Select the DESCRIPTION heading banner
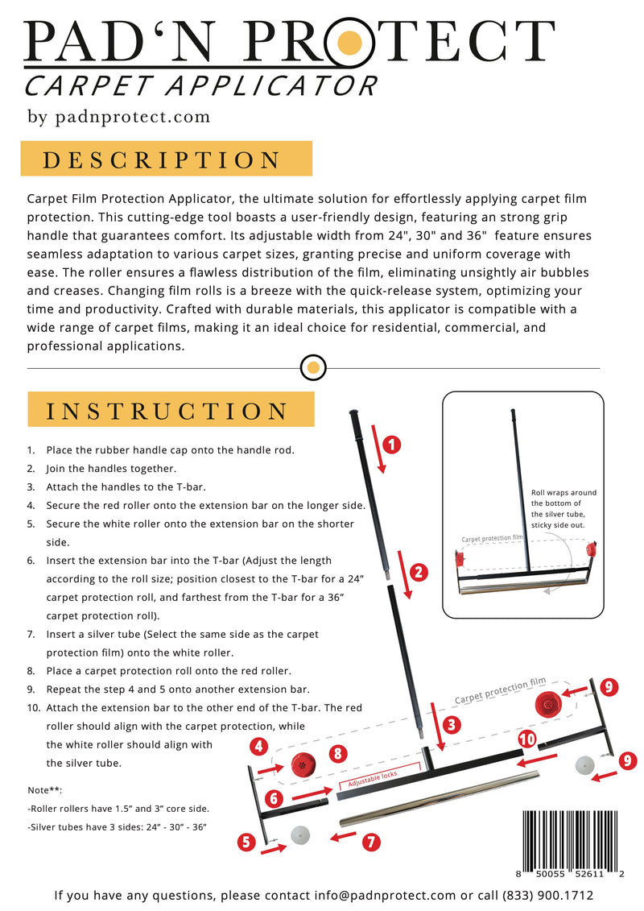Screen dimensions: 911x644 click(x=166, y=159)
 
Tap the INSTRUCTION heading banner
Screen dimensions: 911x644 click(x=171, y=410)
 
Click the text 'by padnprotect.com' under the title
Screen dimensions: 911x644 click(x=119, y=117)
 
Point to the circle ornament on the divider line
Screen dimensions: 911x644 click(x=313, y=368)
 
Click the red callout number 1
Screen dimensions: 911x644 click(x=390, y=444)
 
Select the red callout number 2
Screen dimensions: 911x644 click(x=418, y=574)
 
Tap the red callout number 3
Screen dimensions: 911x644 click(x=452, y=724)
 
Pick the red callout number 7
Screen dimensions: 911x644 click(x=371, y=843)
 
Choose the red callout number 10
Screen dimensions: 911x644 click(x=527, y=739)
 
